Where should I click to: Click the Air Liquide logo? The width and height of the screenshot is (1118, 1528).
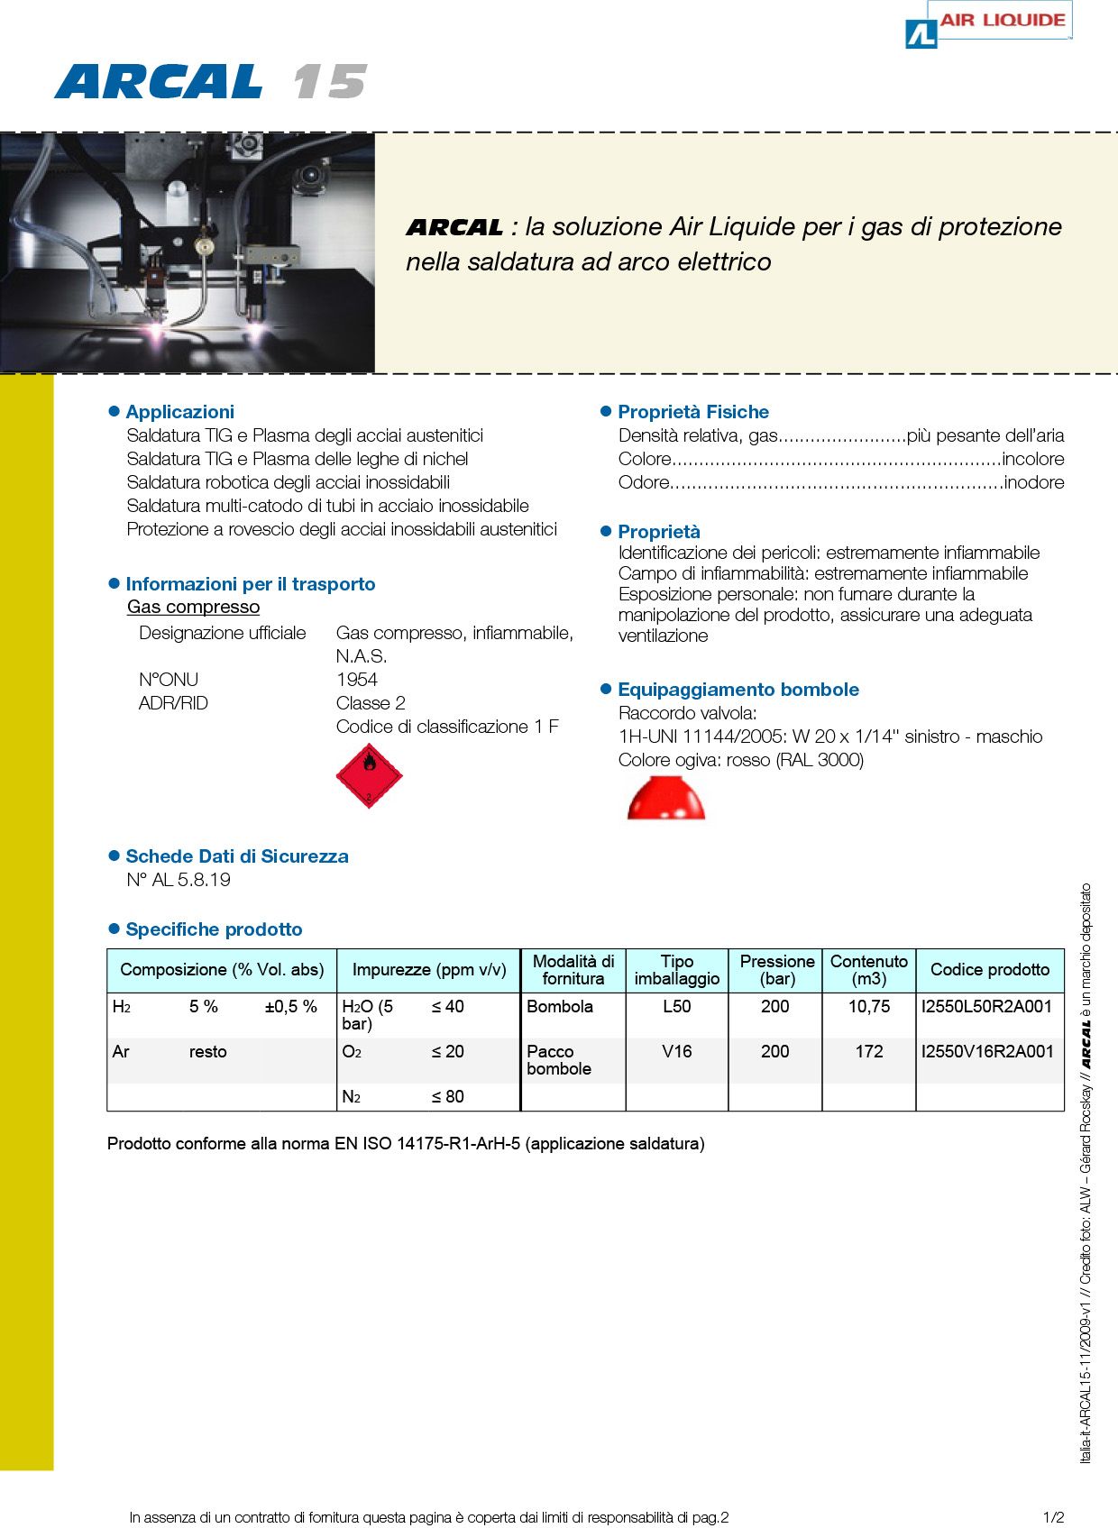pyautogui.click(x=987, y=23)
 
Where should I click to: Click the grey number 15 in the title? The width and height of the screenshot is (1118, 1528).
pyautogui.click(x=329, y=82)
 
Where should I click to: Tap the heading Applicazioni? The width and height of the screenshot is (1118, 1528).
pyautogui.click(x=179, y=412)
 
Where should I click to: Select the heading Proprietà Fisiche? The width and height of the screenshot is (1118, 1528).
pyautogui.click(x=692, y=412)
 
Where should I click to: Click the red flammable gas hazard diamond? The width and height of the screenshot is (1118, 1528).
pyautogui.click(x=369, y=775)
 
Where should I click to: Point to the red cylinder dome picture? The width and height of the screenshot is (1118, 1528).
pyautogui.click(x=665, y=799)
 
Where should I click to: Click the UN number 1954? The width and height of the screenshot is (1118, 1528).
pyautogui.click(x=357, y=680)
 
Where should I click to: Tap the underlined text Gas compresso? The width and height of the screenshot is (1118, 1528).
pyautogui.click(x=193, y=607)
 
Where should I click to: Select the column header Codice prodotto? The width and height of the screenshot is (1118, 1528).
pyautogui.click(x=989, y=970)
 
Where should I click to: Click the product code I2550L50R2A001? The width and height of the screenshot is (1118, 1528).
pyautogui.click(x=986, y=1007)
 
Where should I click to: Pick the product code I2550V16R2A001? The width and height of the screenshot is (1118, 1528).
pyautogui.click(x=987, y=1052)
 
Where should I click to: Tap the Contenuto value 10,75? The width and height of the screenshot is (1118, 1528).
pyautogui.click(x=868, y=1007)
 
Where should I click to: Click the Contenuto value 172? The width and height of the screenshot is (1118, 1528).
pyautogui.click(x=868, y=1052)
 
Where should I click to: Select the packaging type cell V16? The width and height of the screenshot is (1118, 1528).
pyautogui.click(x=676, y=1052)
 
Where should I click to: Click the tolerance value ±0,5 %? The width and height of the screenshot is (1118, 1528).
pyautogui.click(x=290, y=1007)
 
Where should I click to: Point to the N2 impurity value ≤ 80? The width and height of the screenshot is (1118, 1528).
pyautogui.click(x=447, y=1097)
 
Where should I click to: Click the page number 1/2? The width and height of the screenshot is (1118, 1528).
pyautogui.click(x=1053, y=1517)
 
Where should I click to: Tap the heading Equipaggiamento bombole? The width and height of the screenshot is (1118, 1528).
pyautogui.click(x=738, y=690)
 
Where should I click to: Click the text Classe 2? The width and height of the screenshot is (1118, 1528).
pyautogui.click(x=371, y=703)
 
